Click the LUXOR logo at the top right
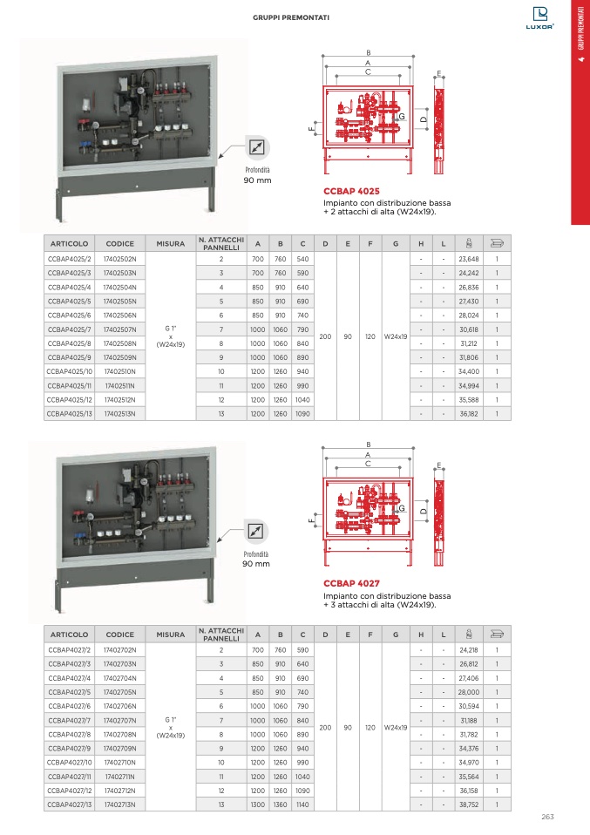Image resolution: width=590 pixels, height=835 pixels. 543,18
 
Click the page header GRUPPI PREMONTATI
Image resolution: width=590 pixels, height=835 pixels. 291,17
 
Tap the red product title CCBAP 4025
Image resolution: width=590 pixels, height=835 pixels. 351,190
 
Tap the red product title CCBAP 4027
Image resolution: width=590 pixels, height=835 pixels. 351,582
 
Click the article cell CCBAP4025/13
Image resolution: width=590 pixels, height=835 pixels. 69,413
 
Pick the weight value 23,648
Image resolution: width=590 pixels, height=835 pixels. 469,260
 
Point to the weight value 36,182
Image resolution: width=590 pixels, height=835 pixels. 469,413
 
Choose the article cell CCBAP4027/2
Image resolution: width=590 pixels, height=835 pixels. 69,651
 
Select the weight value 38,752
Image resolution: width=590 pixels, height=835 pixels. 469,804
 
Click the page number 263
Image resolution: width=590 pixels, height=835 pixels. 547,817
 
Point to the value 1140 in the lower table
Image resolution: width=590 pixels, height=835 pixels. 302,804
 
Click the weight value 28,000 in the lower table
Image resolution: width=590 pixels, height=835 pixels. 469,693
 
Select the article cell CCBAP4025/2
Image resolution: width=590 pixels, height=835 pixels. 69,260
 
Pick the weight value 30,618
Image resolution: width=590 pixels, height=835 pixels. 469,329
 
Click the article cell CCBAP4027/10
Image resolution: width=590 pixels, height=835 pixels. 69,763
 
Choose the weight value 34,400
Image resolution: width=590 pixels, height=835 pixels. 469,371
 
